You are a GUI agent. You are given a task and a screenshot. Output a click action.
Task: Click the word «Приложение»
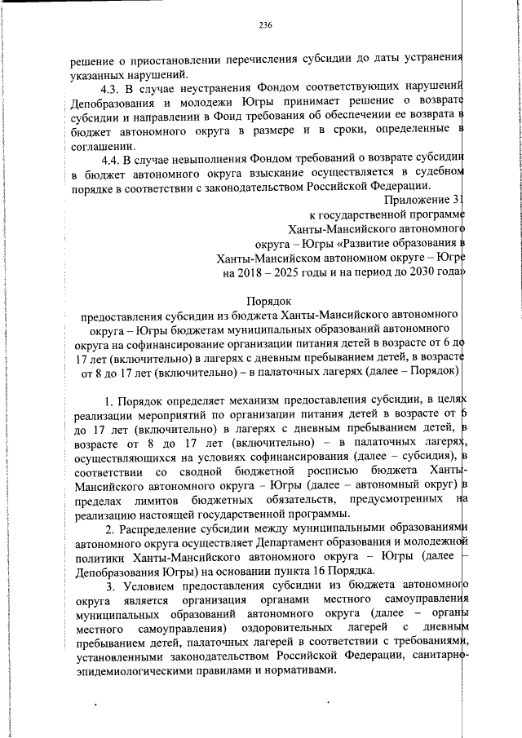[415, 200]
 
